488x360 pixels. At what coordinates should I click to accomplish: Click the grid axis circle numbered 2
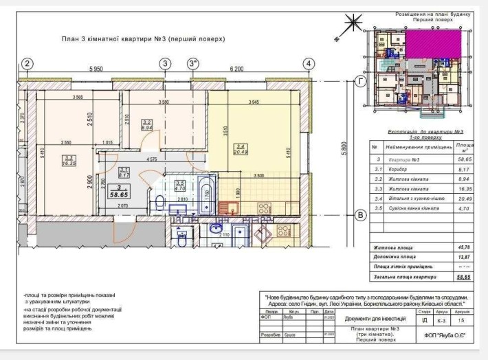click(x=27, y=64)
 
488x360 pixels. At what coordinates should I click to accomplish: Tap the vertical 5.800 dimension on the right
click(x=348, y=148)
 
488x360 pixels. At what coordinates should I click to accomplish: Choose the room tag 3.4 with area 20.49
click(x=240, y=149)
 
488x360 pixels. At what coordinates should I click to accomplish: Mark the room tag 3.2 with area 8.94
click(x=146, y=125)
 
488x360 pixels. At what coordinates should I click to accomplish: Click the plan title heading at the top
click(x=142, y=39)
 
